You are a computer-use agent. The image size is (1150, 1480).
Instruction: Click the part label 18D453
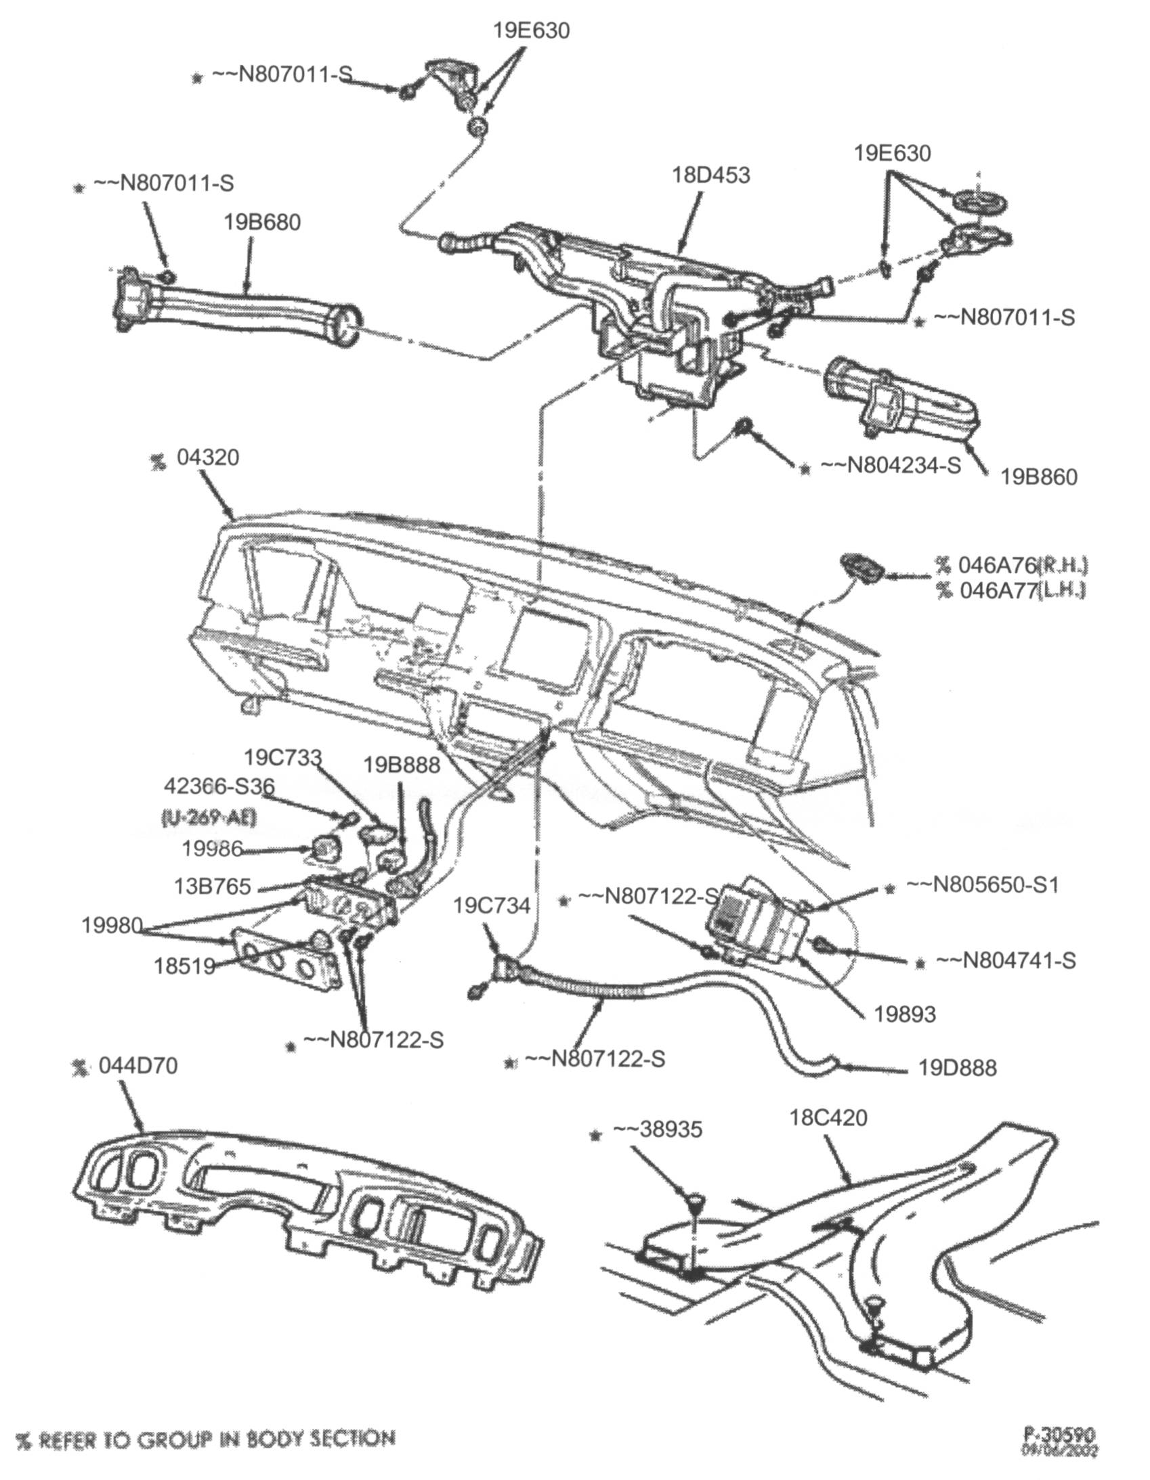(x=710, y=175)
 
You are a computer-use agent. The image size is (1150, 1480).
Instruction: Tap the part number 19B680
(x=262, y=222)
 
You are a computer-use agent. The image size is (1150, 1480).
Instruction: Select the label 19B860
(x=1039, y=477)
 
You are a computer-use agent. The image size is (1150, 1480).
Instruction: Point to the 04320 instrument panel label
(x=207, y=457)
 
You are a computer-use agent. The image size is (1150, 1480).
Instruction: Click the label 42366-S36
(x=219, y=786)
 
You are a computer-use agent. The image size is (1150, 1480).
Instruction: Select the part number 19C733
(x=282, y=757)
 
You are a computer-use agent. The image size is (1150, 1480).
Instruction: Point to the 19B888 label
(x=402, y=765)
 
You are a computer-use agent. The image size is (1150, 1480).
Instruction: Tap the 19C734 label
(x=492, y=906)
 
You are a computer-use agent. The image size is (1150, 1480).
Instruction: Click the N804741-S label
(x=1006, y=960)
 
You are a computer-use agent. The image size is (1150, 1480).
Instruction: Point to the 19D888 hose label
(x=958, y=1069)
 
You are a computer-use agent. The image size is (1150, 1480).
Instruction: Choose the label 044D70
(x=137, y=1065)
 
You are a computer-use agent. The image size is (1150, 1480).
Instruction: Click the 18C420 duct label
(x=828, y=1117)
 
